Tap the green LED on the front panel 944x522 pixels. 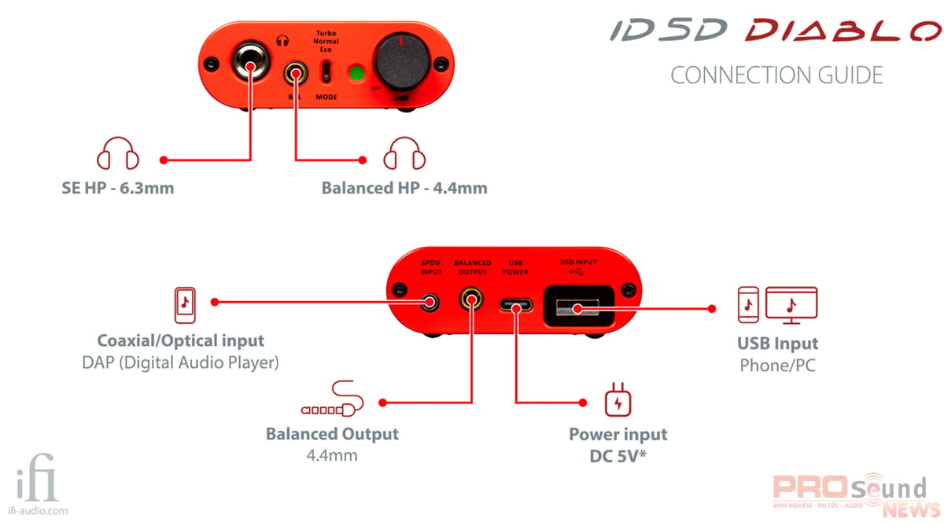pos(358,74)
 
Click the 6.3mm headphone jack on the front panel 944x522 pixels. pos(249,62)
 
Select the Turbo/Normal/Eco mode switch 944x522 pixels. pos(326,72)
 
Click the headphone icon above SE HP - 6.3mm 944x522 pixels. pos(118,153)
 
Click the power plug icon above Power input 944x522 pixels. pos(617,401)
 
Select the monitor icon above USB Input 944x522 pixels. pos(791,304)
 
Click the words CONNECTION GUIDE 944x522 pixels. pos(776,75)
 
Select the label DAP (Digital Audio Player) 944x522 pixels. pos(181,364)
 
